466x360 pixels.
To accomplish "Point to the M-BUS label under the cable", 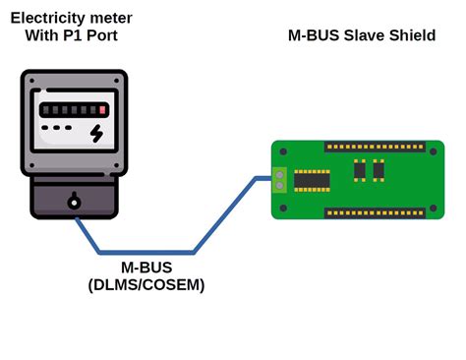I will [146, 268].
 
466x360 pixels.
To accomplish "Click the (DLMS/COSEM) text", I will [146, 285].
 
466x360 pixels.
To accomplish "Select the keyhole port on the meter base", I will [74, 203].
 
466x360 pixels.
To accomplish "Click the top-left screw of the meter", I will [30, 81].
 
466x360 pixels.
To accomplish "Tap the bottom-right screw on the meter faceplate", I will [117, 165].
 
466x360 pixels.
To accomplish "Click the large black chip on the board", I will [312, 181].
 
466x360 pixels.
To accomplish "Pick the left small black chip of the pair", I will [360, 170].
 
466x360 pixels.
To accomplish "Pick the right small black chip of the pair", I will [379, 170].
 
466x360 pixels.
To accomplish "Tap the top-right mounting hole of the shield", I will [434, 151].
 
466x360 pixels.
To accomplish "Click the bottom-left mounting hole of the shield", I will [283, 209].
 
